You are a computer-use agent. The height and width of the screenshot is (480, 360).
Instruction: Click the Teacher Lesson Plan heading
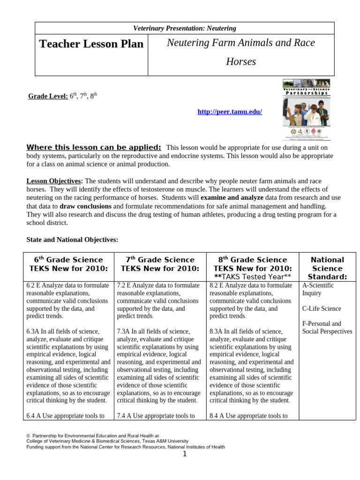(x=91, y=44)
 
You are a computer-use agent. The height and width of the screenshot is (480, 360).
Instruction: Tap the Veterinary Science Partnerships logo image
(x=306, y=110)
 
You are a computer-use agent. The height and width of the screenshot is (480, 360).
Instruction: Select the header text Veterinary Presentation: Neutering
(x=185, y=29)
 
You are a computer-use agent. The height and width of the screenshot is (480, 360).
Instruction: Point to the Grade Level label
(x=48, y=96)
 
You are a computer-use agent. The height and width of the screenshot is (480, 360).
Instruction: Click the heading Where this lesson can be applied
(x=94, y=147)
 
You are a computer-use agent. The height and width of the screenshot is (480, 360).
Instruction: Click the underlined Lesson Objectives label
(x=54, y=181)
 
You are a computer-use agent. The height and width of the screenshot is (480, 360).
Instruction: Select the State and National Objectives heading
(x=72, y=240)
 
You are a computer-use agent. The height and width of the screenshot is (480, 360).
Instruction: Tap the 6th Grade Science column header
(x=68, y=264)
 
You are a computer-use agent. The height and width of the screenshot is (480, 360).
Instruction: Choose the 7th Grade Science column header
(x=160, y=264)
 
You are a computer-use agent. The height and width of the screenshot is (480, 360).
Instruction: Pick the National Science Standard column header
(x=327, y=268)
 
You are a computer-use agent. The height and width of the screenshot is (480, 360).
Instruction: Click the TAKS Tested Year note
(x=253, y=277)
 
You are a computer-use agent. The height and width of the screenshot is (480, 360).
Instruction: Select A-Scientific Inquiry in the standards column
(x=318, y=289)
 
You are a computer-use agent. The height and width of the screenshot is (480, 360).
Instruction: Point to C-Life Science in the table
(x=322, y=308)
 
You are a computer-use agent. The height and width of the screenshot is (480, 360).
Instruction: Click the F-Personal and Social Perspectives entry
(x=327, y=328)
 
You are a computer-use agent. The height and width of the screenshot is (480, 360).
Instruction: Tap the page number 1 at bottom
(x=185, y=454)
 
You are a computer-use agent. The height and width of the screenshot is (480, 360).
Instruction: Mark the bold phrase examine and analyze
(x=232, y=198)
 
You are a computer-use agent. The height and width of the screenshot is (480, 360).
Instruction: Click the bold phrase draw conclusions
(x=85, y=206)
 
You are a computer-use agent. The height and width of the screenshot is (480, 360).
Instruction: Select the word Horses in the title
(x=241, y=61)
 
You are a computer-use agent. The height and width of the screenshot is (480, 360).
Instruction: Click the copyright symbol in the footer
(x=28, y=436)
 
